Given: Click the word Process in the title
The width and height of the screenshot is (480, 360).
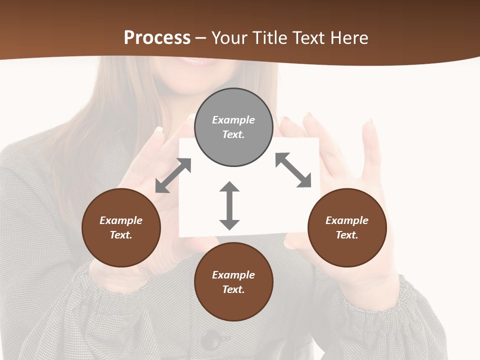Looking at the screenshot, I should point(157,38).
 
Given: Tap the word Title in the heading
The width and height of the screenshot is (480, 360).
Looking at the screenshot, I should point(270,38).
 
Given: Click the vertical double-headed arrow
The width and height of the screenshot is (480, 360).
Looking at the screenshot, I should point(229,205).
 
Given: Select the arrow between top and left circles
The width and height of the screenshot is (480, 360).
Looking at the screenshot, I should point(173,175).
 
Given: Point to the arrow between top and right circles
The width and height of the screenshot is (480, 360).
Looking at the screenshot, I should point(293,170).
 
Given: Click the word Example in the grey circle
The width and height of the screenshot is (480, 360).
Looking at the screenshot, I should point(233,120).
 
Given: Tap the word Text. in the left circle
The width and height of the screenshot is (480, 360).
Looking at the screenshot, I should point(121,235).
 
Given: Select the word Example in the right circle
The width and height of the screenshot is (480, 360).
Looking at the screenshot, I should point(347,220).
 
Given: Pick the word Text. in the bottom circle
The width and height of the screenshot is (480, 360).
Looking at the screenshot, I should point(233,289).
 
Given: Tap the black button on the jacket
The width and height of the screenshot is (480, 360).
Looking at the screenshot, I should point(211,340).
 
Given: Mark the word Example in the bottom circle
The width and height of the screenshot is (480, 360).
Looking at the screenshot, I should point(233,275).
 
